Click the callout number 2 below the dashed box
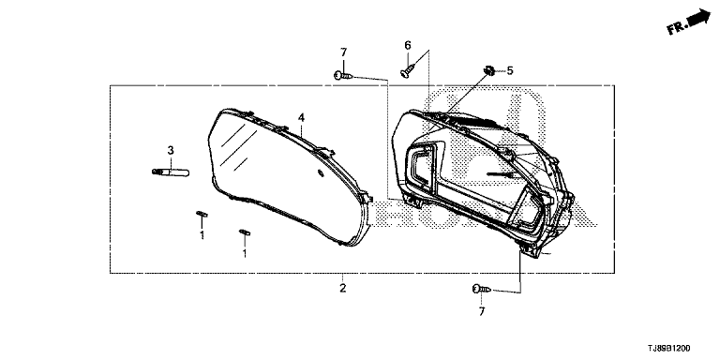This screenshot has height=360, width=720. (342, 289)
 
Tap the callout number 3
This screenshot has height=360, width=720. (171, 150)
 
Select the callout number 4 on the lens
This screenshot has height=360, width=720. (301, 117)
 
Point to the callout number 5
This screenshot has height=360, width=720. (510, 70)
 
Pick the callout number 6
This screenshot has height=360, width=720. (407, 45)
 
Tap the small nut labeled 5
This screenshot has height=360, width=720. (490, 70)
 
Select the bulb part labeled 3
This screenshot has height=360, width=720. (171, 172)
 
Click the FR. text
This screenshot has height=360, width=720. (676, 27)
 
